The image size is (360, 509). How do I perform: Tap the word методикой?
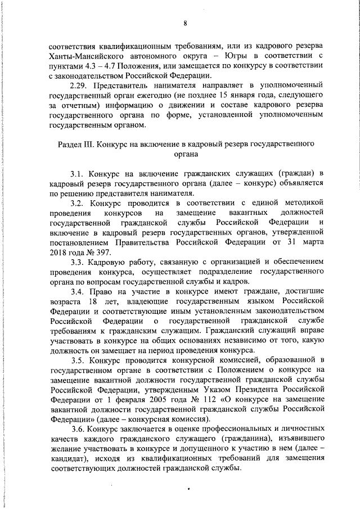303,203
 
